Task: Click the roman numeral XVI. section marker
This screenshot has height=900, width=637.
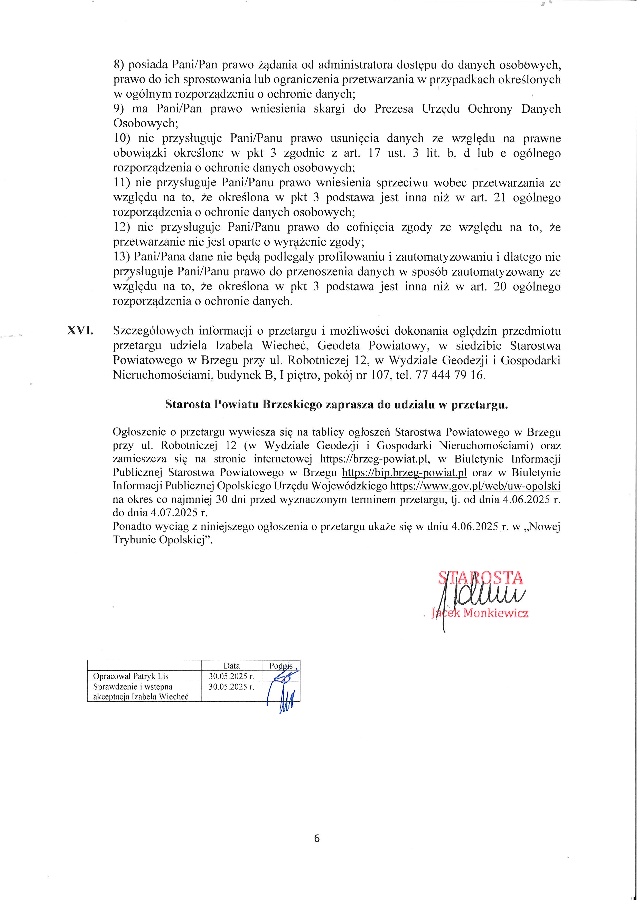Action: point(80,331)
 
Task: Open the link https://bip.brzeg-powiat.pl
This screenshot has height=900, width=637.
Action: point(404,472)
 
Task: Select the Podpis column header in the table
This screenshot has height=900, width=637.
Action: point(281,666)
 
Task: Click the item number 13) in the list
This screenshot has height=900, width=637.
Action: point(121,257)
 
